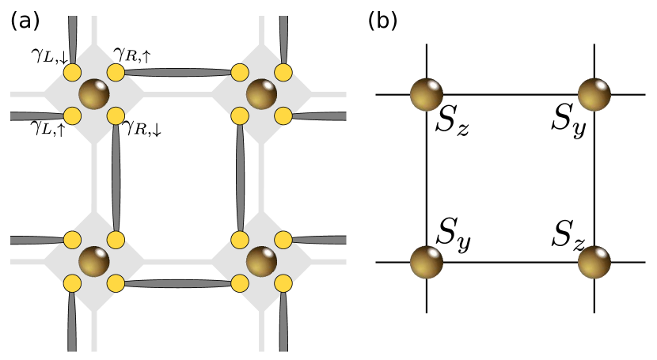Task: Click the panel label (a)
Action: pos(26,21)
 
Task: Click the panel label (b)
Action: pos(384,21)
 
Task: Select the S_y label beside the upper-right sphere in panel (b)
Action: pos(568,123)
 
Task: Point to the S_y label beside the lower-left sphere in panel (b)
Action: pos(454,236)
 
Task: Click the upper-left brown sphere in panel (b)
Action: pos(426,95)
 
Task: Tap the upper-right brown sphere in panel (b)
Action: pos(594,95)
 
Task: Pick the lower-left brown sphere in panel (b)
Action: pos(426,262)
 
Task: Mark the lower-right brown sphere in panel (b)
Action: pos(594,262)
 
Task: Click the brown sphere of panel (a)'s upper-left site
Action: pos(93,95)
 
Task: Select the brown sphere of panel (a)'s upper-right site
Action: pos(261,95)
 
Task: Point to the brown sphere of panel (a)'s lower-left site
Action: pos(93,262)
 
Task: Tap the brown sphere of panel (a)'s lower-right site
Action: pos(261,262)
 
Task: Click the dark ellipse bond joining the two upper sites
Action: pos(178,73)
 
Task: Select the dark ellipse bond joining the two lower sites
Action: pos(178,282)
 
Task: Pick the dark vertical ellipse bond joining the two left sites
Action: pos(116,178)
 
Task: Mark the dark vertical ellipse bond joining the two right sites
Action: pos(240,178)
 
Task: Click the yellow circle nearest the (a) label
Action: pos(72,73)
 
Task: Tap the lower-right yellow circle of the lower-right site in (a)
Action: pos(283,283)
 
